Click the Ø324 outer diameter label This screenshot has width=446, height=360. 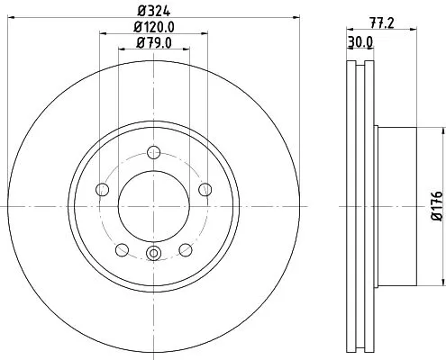154,11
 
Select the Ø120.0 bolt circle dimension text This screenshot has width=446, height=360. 154,27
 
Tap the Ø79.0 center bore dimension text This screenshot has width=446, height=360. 154,42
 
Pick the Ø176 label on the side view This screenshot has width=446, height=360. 436,205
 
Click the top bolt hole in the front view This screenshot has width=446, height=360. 154,152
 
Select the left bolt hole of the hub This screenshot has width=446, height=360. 102,189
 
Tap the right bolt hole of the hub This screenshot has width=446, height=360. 205,189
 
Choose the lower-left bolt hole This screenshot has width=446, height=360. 122,250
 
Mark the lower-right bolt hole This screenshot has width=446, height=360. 186,250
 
